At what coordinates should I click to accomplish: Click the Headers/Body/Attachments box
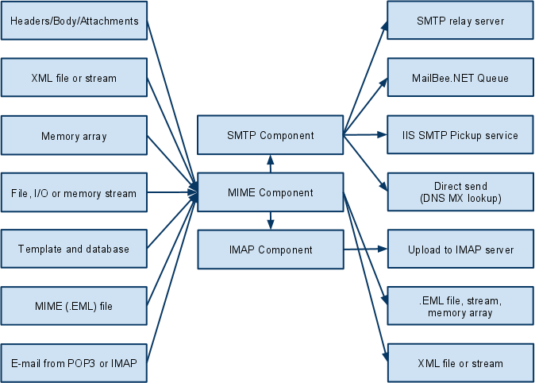click(74, 21)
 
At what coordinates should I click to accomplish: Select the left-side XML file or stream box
click(74, 78)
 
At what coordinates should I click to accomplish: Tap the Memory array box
click(74, 136)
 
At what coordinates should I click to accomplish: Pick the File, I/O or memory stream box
click(74, 192)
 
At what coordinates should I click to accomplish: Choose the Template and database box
click(74, 249)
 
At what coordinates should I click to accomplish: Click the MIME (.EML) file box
click(74, 306)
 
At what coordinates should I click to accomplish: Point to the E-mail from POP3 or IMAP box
click(74, 363)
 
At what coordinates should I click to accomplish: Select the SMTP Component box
click(270, 135)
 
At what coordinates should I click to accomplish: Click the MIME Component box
click(270, 192)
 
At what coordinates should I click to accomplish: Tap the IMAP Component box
click(270, 250)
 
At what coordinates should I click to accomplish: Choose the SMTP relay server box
click(460, 21)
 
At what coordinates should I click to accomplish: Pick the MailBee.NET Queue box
click(460, 78)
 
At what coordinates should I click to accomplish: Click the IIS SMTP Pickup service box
click(460, 135)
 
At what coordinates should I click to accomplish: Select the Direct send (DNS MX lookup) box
click(460, 192)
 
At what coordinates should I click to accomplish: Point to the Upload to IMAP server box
click(460, 250)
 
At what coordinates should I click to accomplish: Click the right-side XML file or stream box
click(460, 363)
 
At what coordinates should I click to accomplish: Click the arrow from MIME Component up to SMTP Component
click(270, 164)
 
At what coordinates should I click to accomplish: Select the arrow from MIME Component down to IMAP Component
click(270, 221)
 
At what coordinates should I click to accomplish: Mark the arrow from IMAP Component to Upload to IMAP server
click(365, 250)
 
